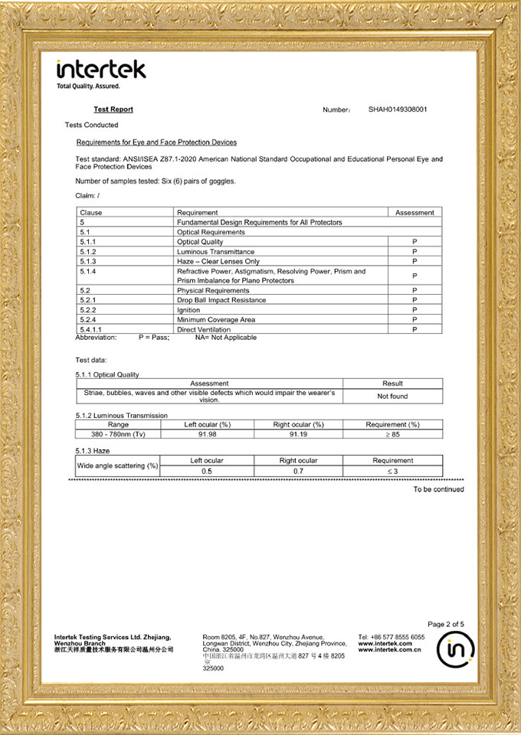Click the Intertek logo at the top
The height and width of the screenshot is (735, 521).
(101, 70)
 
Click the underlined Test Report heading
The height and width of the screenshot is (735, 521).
(113, 109)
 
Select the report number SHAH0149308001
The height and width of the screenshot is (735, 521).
(398, 109)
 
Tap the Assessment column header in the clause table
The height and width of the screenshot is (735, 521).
(415, 212)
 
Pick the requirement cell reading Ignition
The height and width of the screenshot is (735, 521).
(188, 310)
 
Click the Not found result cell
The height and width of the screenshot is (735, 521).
(392, 397)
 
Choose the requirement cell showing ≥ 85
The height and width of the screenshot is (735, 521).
(392, 434)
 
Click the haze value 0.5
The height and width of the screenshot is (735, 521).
(207, 472)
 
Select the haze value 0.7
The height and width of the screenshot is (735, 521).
(298, 472)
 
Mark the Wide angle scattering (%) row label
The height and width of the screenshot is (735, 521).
(117, 465)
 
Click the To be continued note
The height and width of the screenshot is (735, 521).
(438, 489)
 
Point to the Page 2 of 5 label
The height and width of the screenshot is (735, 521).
(446, 624)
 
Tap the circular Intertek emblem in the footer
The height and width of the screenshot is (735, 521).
(455, 650)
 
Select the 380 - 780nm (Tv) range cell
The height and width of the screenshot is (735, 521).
(118, 434)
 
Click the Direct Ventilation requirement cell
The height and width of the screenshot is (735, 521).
(204, 329)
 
